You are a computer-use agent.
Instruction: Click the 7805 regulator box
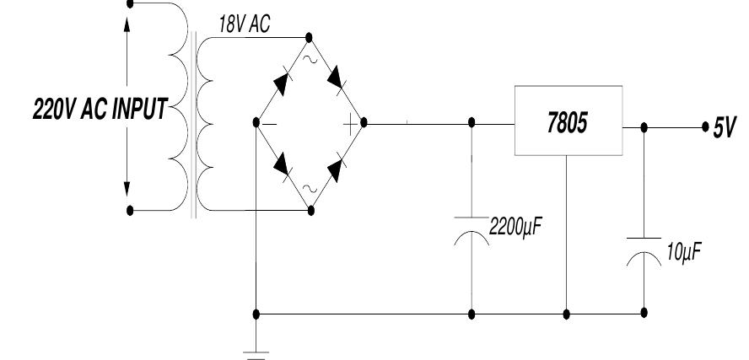[x=568, y=123]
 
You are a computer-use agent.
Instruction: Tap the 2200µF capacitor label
[x=517, y=227]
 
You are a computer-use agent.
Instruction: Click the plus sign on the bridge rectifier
[x=348, y=123]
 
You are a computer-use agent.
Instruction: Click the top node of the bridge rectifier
[x=309, y=37]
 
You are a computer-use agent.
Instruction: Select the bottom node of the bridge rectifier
[x=310, y=208]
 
